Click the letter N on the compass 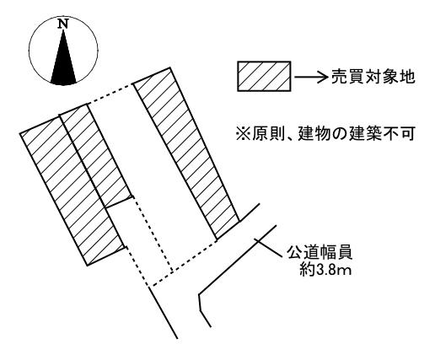(63, 24)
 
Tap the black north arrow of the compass (63, 62)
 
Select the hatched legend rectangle (264, 76)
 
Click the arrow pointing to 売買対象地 (311, 77)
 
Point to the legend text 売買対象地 (373, 77)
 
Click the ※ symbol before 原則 (243, 134)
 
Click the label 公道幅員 (320, 253)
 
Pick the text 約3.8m (325, 271)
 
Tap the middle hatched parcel (95, 154)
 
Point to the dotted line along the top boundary (110, 94)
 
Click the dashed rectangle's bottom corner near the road (149, 287)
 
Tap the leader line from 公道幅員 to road (268, 248)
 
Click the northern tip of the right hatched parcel (169, 67)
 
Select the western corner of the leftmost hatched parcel (20, 133)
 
